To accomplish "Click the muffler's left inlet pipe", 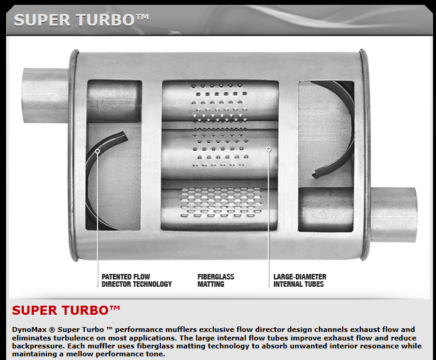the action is pyautogui.click(x=46, y=95).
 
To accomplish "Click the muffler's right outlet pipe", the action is pyautogui.click(x=394, y=215).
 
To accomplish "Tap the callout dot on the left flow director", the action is pyautogui.click(x=98, y=151).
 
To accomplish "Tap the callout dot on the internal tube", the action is pyautogui.click(x=268, y=149).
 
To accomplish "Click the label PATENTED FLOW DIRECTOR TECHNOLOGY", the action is pyautogui.click(x=137, y=281).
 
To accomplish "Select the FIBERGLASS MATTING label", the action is pyautogui.click(x=216, y=281).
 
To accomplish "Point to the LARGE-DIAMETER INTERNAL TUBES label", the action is pyautogui.click(x=300, y=281).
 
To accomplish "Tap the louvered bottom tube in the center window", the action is pyautogui.click(x=220, y=205).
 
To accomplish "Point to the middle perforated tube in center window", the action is pyautogui.click(x=220, y=154).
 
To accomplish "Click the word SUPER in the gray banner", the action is pyautogui.click(x=42, y=20).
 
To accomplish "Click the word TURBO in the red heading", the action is pyautogui.click(x=85, y=311).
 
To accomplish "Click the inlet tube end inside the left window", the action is pyautogui.click(x=114, y=101).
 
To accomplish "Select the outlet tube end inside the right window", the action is pyautogui.click(x=326, y=209).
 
